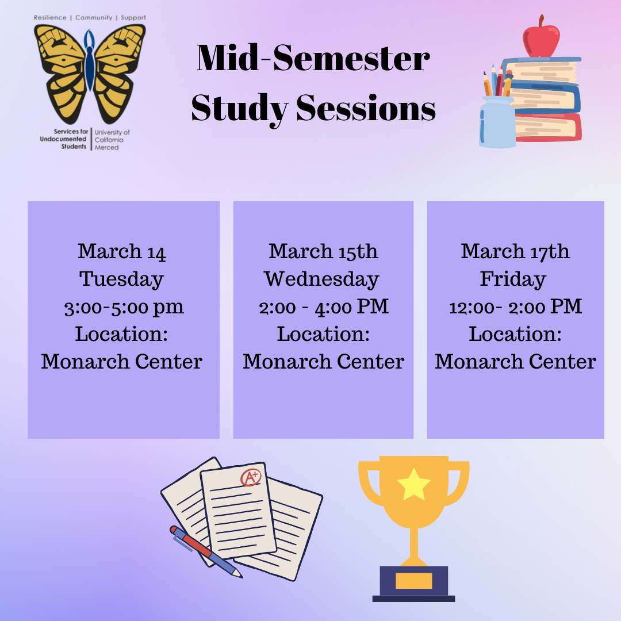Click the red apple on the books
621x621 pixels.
pyautogui.click(x=541, y=39)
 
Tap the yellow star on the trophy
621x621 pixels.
pyautogui.click(x=414, y=484)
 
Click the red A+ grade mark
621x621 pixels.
pyautogui.click(x=251, y=477)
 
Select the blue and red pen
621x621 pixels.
pyautogui.click(x=206, y=551)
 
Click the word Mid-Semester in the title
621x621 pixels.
pyautogui.click(x=313, y=58)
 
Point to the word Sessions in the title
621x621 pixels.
pyautogui.click(x=366, y=108)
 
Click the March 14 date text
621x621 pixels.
pyautogui.click(x=121, y=251)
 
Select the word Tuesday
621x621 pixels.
pyautogui.click(x=121, y=279)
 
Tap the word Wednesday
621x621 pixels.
pyautogui.click(x=321, y=279)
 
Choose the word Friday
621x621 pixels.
pyautogui.click(x=513, y=279)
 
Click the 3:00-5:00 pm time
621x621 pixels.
pyautogui.click(x=124, y=307)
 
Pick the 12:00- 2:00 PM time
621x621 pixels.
pyautogui.click(x=515, y=307)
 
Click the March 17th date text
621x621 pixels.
pyautogui.click(x=515, y=251)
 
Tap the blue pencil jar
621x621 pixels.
pyautogui.click(x=497, y=122)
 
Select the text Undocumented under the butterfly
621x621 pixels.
pyautogui.click(x=63, y=139)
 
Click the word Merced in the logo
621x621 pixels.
pyautogui.click(x=106, y=147)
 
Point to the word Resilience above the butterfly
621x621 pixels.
pyautogui.click(x=50, y=17)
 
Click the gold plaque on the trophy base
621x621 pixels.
pyautogui.click(x=414, y=581)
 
